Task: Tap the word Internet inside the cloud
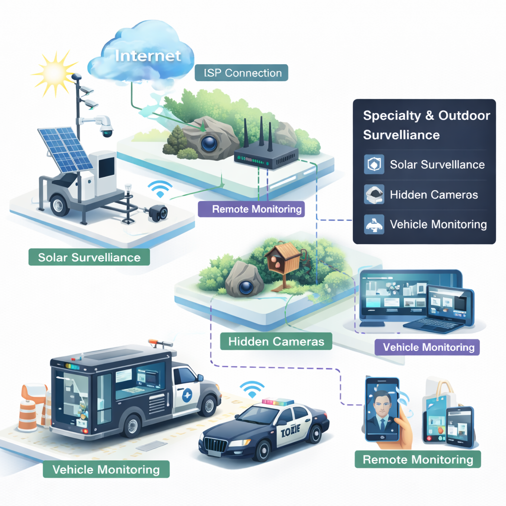click(x=148, y=55)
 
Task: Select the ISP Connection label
click(x=246, y=73)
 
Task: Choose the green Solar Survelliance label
click(x=89, y=257)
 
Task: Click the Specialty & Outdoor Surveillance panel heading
click(x=426, y=125)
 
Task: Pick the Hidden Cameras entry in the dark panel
click(x=433, y=195)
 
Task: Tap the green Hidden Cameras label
click(x=276, y=341)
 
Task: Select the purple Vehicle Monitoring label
click(x=428, y=347)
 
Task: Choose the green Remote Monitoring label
click(x=418, y=460)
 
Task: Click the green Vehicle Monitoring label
click(x=106, y=469)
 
